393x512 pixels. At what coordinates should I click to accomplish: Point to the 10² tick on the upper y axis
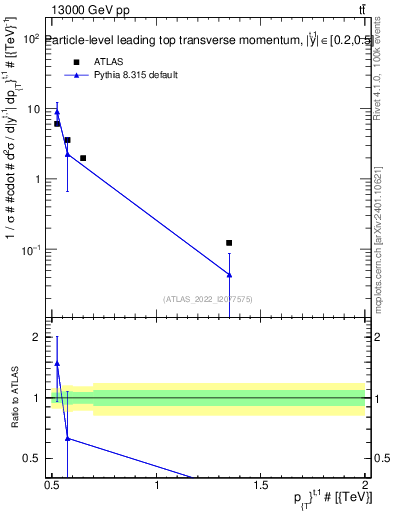coord(32,39)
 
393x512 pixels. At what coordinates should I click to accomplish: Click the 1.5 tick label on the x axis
coord(262,486)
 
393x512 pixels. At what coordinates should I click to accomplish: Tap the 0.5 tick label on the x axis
coord(53,486)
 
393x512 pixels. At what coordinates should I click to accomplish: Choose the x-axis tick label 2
coord(365,486)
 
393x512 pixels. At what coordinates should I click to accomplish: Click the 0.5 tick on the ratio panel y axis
coord(37,459)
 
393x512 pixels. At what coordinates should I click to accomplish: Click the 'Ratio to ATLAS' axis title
coord(16,399)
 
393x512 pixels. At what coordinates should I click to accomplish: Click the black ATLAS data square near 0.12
coord(229,243)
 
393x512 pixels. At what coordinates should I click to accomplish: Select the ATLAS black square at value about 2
coord(83,158)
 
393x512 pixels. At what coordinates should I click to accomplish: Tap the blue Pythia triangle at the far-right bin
coord(229,274)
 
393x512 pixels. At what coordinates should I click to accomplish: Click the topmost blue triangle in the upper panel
coord(57,112)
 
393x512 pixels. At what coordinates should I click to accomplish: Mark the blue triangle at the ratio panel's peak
coord(57,364)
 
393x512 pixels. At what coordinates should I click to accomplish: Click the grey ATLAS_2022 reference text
coord(208,298)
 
